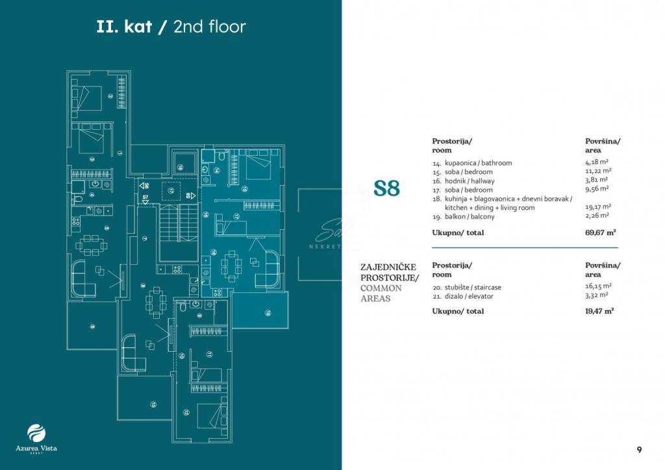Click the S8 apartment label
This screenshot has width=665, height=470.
(x=386, y=189)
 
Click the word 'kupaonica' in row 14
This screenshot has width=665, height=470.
(x=460, y=163)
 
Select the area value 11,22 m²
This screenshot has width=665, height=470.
(x=597, y=171)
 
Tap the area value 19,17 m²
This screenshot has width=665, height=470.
(x=597, y=207)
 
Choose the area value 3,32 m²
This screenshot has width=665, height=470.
(x=596, y=295)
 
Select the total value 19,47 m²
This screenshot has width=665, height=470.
(x=601, y=312)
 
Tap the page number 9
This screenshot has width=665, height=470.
(x=639, y=449)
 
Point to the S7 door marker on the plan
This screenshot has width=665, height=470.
(x=145, y=197)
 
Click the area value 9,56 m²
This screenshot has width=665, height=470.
(x=596, y=189)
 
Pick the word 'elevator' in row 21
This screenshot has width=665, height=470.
(x=480, y=296)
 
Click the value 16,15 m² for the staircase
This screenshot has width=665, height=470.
(x=597, y=286)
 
